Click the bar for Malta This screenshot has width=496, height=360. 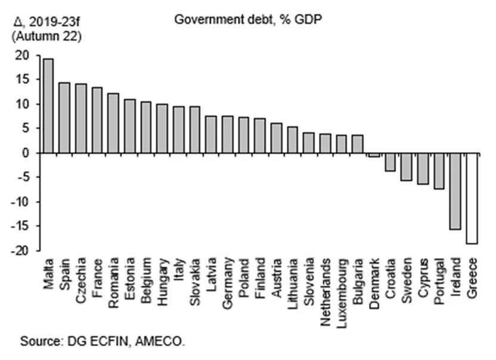click(x=48, y=105)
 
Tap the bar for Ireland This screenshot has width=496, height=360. click(x=455, y=191)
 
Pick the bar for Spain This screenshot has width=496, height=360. click(x=64, y=117)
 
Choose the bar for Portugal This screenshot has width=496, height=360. click(x=439, y=170)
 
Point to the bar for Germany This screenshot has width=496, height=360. click(x=227, y=134)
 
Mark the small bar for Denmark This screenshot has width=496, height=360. click(x=374, y=155)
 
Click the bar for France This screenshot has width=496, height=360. click(x=97, y=120)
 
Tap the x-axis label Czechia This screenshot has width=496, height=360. click(x=81, y=274)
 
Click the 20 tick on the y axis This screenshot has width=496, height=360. click(x=22, y=55)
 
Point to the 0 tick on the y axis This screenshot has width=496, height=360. click(x=26, y=153)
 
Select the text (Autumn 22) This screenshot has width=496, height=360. click(x=46, y=36)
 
